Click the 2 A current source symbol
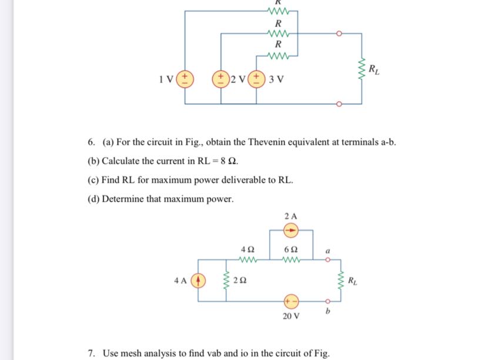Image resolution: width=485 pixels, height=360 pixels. (x=290, y=230)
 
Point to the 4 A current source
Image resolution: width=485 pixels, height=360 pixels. (x=198, y=279)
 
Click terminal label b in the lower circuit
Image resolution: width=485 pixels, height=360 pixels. (x=328, y=311)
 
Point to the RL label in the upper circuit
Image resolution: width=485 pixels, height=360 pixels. (x=374, y=71)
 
